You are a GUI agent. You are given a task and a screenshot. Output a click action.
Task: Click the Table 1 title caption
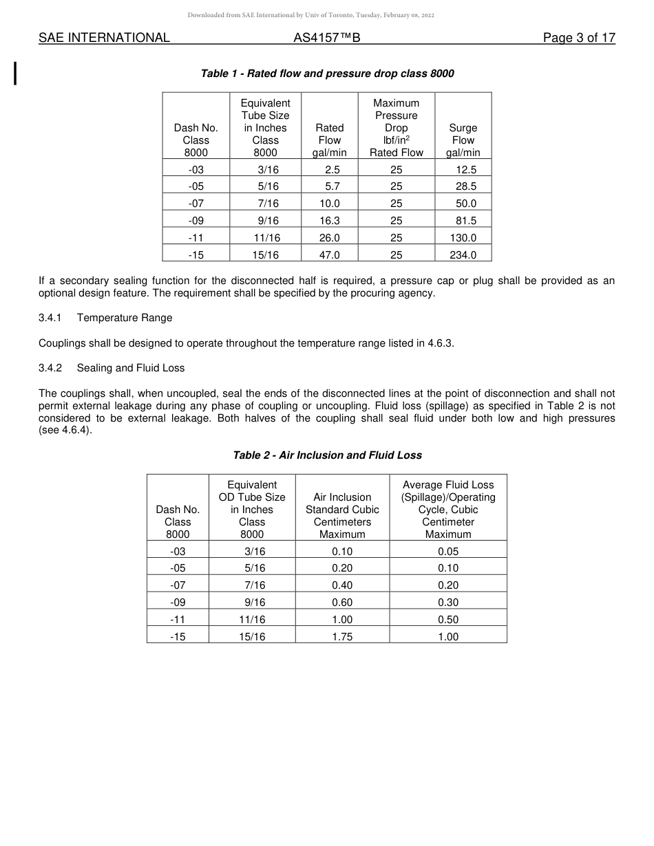327,74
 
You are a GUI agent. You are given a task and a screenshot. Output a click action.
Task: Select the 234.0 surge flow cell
463,254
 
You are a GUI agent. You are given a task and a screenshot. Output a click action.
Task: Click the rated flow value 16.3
329,220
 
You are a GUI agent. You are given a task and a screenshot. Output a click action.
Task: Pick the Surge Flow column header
463,140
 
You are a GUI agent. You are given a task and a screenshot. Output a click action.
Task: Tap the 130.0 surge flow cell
463,237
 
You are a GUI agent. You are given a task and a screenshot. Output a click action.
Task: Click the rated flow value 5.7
329,186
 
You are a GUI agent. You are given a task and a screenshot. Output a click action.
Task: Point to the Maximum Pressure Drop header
396,128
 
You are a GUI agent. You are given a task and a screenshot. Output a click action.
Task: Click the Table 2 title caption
327,455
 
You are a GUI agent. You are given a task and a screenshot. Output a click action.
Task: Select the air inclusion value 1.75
342,637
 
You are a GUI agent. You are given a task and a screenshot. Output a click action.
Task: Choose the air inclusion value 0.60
342,603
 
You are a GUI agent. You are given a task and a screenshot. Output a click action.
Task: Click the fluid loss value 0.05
447,552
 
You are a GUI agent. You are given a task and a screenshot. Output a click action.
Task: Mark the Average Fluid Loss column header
447,509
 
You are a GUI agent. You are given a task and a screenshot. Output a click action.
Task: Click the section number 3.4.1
50,318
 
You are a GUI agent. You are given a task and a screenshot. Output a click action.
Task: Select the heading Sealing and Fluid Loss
131,368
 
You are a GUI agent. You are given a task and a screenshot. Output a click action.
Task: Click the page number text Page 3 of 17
578,38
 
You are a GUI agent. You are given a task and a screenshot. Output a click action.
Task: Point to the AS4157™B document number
326,38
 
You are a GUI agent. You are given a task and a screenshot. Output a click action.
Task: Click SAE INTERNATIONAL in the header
104,38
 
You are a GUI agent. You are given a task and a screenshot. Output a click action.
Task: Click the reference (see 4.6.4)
65,431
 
